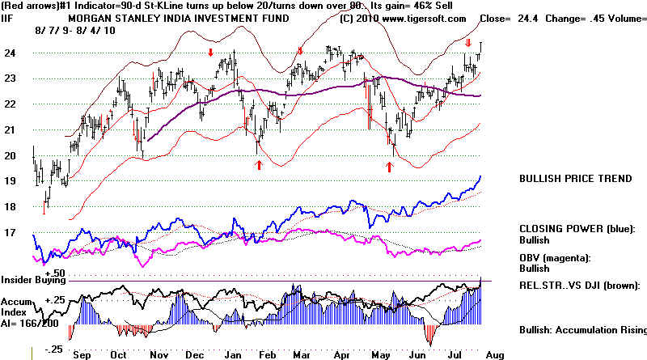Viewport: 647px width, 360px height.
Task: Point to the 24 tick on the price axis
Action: click(11, 53)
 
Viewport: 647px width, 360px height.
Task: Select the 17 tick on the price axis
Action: click(11, 233)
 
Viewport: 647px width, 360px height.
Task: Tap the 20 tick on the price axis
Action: click(11, 156)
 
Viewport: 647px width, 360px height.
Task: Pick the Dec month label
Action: click(194, 354)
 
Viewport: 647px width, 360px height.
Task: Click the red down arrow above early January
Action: click(210, 53)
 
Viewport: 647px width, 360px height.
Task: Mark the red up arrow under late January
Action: click(259, 164)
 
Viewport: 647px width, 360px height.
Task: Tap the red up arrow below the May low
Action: click(390, 166)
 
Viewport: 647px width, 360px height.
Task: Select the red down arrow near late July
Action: click(469, 42)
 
